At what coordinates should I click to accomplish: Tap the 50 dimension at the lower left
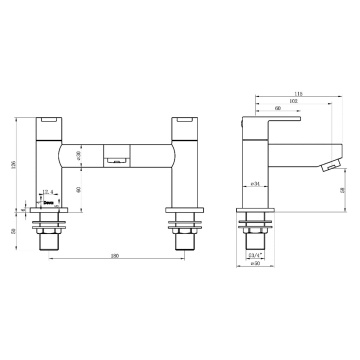click(13, 229)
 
